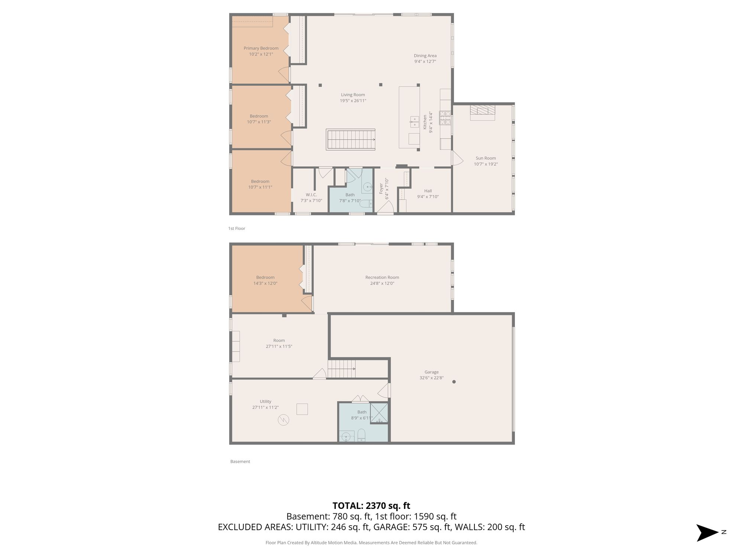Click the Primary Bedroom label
click(x=261, y=48)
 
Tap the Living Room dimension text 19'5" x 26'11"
click(x=353, y=101)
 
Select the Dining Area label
click(x=425, y=56)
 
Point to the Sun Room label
click(x=486, y=158)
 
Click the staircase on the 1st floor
click(x=351, y=139)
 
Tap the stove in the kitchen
click(x=445, y=118)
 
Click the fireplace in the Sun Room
click(x=483, y=113)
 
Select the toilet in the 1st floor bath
click(x=366, y=203)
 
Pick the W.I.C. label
click(x=311, y=195)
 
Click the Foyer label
click(x=381, y=189)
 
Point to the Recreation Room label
click(x=382, y=278)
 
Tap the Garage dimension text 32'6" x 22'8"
click(x=431, y=378)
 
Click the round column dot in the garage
click(x=454, y=382)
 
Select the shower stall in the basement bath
click(x=379, y=413)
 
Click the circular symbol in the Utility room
click(x=283, y=420)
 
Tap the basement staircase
click(x=341, y=369)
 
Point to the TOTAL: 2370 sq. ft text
click(x=371, y=506)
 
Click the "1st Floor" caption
click(x=237, y=228)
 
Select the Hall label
click(x=428, y=191)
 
